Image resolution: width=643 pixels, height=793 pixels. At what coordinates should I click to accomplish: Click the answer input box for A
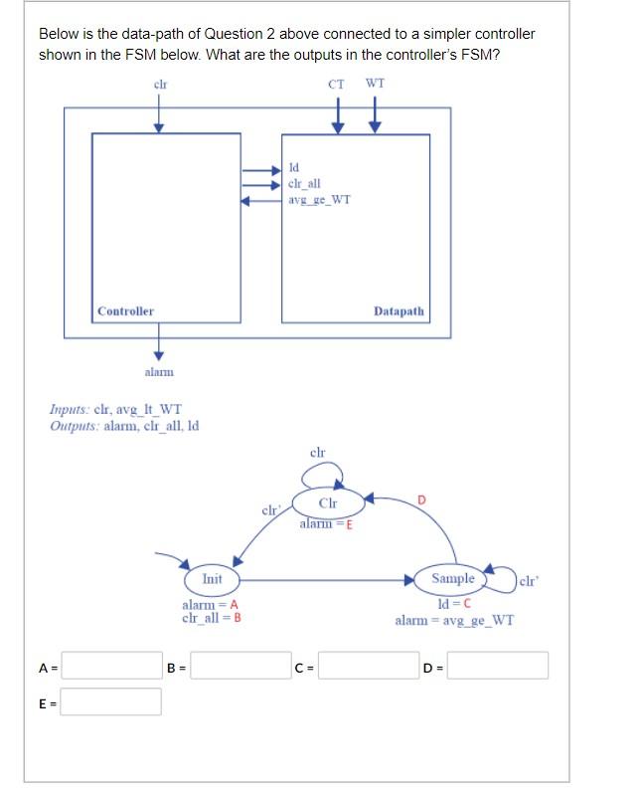(111, 666)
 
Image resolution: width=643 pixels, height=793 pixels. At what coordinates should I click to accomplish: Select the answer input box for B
(240, 666)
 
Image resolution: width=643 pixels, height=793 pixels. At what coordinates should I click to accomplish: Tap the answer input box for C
(368, 666)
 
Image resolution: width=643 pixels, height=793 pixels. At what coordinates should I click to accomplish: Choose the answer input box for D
(498, 666)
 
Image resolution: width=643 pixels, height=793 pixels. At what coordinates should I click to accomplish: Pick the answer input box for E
(111, 701)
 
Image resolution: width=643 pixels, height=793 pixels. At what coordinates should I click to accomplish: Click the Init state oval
(212, 579)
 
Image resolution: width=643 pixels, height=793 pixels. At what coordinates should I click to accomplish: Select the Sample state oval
(453, 579)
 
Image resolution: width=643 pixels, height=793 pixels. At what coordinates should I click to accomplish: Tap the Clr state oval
(327, 502)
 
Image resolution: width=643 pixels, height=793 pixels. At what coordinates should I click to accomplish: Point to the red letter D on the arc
(421, 497)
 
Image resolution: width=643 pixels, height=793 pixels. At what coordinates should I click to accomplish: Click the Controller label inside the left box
(125, 311)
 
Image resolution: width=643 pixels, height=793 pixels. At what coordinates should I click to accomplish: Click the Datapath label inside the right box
(399, 311)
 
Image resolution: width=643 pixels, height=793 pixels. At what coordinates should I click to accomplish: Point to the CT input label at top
(337, 85)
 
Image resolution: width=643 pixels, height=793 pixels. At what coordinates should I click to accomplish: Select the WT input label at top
(375, 85)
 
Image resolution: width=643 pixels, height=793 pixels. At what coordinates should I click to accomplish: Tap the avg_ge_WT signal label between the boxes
(319, 199)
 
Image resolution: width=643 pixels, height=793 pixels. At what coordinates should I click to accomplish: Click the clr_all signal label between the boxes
(303, 183)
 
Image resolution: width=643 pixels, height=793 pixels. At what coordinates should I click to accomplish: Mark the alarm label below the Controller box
(159, 371)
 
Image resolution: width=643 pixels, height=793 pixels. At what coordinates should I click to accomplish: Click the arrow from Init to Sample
(328, 579)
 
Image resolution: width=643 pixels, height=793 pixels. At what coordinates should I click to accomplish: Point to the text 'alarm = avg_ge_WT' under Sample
(454, 620)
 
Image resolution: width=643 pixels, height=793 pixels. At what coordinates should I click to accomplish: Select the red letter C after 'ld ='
(466, 604)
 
